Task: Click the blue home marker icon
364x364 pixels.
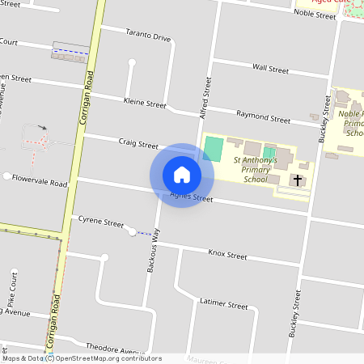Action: (182, 175)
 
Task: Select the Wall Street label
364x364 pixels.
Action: (270, 70)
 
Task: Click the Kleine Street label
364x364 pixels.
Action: (145, 103)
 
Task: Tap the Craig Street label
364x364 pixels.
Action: (138, 145)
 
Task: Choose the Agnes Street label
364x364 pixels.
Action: (192, 197)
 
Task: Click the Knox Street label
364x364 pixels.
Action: (227, 255)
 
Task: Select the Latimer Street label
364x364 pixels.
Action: (223, 305)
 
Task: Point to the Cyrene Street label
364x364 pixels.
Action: (101, 222)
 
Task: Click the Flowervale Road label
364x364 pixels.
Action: (40, 183)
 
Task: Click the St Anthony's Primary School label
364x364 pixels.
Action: (256, 171)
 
